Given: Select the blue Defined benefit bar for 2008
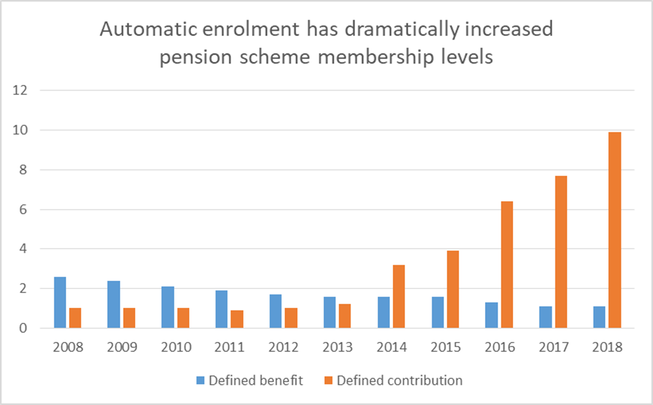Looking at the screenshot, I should pos(60,302).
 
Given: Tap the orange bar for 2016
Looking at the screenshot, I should pos(507,265).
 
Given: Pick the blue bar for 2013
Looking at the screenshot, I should pos(330,312).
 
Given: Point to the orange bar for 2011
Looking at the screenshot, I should pos(237,319).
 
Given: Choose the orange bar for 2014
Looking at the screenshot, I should pos(399,296).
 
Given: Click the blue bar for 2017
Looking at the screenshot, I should pos(545,317).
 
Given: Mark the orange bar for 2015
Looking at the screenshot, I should pos(453,289).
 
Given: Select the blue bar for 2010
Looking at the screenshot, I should pos(168,307).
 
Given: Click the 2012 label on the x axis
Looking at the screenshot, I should pos(285,348).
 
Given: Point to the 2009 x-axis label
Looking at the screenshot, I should pos(122,348).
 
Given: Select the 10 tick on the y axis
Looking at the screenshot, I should pos(19,130).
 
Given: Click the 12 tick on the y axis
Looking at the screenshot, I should pos(19,91).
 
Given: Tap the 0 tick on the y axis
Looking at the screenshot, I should pos(23,328).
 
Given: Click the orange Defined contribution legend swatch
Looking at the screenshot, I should pos(328,380).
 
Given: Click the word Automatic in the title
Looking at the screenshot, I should pos(145,29).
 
